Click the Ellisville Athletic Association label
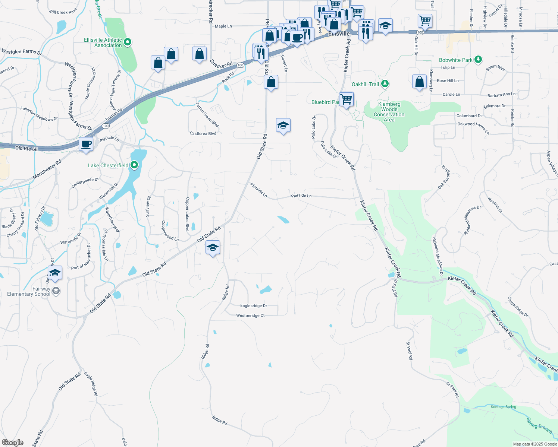[x=103, y=42]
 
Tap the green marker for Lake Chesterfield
[x=134, y=165]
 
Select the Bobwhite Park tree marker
[x=478, y=60]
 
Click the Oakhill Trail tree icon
[x=385, y=84]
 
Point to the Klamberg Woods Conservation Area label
[x=389, y=112]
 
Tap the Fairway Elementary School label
[x=29, y=291]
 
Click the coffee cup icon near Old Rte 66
[x=86, y=144]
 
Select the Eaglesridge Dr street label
[x=254, y=306]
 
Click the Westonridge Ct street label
[x=250, y=316]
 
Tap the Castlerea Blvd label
[x=203, y=133]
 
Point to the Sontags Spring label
[x=503, y=407]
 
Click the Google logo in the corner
[x=12, y=442]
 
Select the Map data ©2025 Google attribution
[x=535, y=444]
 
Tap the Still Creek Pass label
[x=63, y=12]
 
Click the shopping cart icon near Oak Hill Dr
[x=425, y=21]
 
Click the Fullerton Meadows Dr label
[x=39, y=114]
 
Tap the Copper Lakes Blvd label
[x=188, y=214]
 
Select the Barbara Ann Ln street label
[x=501, y=95]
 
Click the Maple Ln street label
[x=223, y=26]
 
